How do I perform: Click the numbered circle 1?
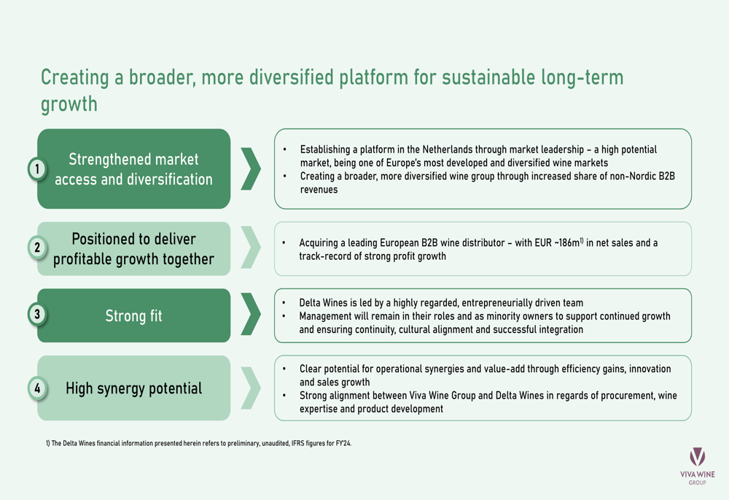(x=37, y=169)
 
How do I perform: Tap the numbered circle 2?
(x=37, y=247)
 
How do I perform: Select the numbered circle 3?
(x=37, y=315)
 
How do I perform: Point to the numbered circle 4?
(x=37, y=388)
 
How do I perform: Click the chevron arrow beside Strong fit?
(x=251, y=315)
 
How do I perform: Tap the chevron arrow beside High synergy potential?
(x=251, y=388)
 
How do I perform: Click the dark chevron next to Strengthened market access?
(x=251, y=169)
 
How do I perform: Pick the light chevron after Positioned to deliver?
(x=251, y=247)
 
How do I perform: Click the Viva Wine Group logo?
(x=698, y=466)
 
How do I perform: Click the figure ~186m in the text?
(x=566, y=242)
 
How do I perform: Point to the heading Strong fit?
(x=133, y=316)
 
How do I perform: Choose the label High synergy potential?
(x=134, y=388)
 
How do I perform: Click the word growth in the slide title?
(x=69, y=104)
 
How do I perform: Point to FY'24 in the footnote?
(x=343, y=443)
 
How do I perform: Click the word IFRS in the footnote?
(x=297, y=443)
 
